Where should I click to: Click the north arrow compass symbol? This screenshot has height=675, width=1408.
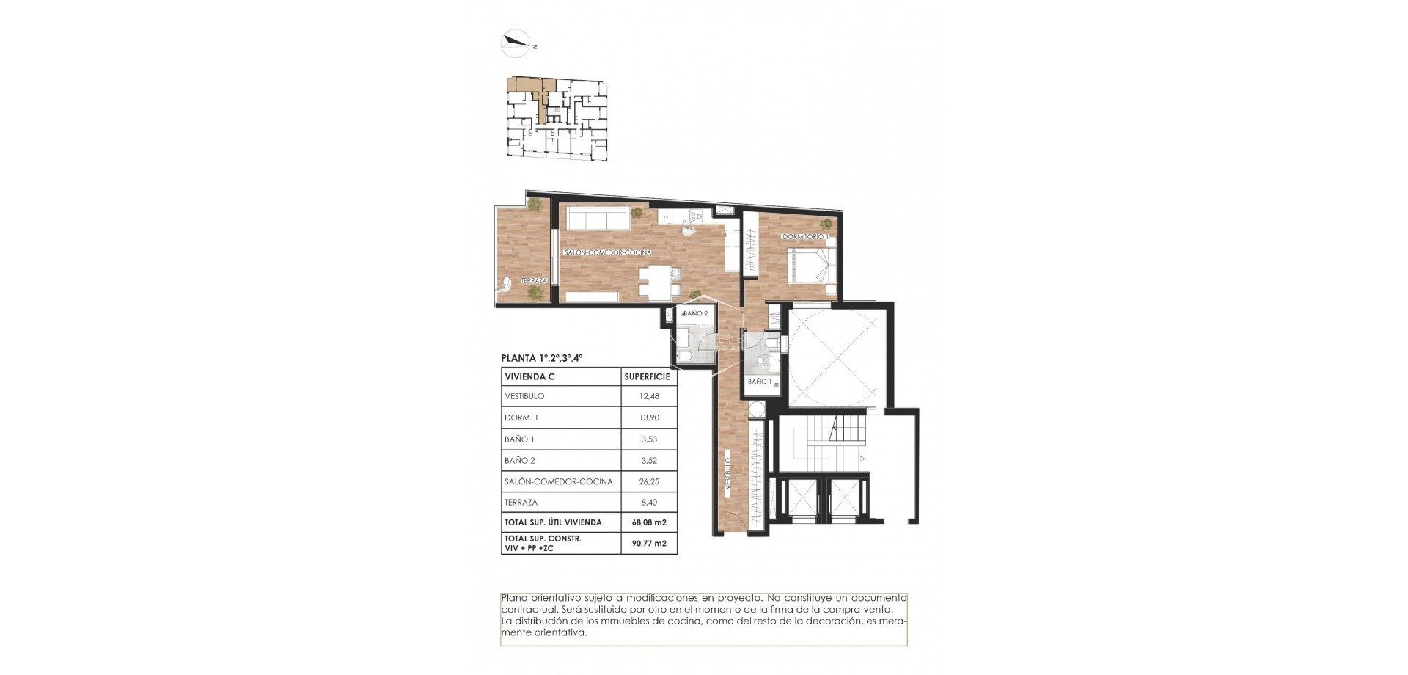pyautogui.click(x=516, y=43)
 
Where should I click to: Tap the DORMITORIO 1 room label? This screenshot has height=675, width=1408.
pyautogui.click(x=804, y=237)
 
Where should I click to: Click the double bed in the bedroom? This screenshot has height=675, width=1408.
pyautogui.click(x=811, y=266)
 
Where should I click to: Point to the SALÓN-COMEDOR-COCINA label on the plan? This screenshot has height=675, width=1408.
pyautogui.click(x=607, y=252)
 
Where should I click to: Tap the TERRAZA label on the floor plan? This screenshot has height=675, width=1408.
pyautogui.click(x=533, y=281)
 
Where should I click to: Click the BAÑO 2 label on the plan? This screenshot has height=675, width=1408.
pyautogui.click(x=695, y=313)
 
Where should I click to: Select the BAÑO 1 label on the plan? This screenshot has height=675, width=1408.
pyautogui.click(x=758, y=382)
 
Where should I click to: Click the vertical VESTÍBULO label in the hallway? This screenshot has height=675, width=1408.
pyautogui.click(x=727, y=474)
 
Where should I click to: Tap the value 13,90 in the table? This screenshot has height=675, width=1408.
pyautogui.click(x=648, y=417)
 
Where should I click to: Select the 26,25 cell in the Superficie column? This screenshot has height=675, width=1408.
pyautogui.click(x=648, y=481)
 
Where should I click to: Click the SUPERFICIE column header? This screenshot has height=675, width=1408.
pyautogui.click(x=647, y=376)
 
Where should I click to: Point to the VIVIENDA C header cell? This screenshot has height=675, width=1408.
pyautogui.click(x=529, y=376)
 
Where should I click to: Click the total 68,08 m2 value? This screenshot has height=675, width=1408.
pyautogui.click(x=648, y=522)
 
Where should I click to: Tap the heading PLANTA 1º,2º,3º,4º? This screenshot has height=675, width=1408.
pyautogui.click(x=541, y=358)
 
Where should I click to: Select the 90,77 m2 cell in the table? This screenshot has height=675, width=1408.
pyautogui.click(x=648, y=544)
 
